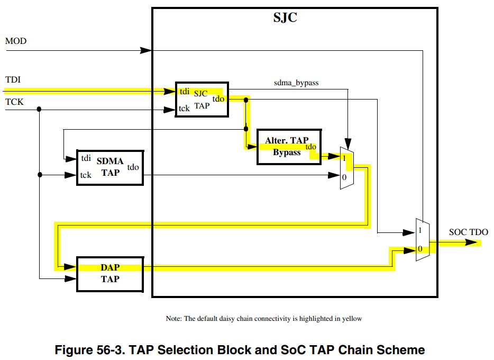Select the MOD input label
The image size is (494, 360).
[x=16, y=41]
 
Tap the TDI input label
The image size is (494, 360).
[x=13, y=80]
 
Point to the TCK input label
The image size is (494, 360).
[x=14, y=101]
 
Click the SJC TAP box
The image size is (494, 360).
[x=202, y=100]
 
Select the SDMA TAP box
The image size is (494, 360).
[x=110, y=167]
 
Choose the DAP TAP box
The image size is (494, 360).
[x=110, y=274]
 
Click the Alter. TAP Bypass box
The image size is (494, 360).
[x=289, y=147]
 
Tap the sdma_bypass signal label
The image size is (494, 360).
[x=296, y=83]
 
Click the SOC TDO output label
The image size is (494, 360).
[x=468, y=232]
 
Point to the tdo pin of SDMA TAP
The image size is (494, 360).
[x=133, y=167]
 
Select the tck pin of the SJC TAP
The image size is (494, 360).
[x=184, y=109]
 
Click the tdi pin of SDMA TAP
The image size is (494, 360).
[x=86, y=158]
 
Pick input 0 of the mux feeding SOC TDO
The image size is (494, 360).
[x=420, y=249]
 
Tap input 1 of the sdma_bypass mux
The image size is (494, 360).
[x=344, y=158]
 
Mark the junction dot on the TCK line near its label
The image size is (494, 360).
[x=40, y=110]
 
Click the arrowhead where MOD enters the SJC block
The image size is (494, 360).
[x=145, y=50]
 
